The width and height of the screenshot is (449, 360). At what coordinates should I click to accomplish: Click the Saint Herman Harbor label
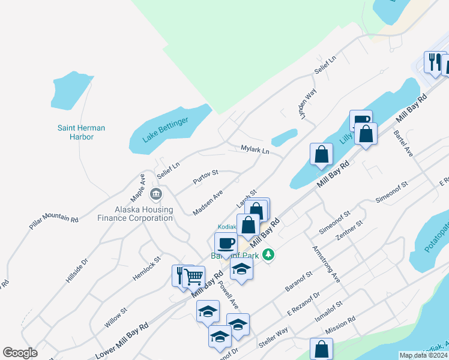click(80, 132)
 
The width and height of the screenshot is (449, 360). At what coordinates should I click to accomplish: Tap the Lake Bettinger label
click(166, 130)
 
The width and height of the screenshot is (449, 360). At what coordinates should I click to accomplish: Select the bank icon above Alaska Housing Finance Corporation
click(156, 194)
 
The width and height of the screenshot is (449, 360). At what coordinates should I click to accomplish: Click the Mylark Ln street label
click(255, 149)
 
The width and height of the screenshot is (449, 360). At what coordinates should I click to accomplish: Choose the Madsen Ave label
click(208, 202)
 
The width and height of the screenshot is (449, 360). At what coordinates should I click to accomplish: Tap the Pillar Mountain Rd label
click(53, 220)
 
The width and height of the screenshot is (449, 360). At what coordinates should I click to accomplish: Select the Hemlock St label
click(148, 268)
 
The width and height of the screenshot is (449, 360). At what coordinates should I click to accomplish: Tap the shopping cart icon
click(193, 277)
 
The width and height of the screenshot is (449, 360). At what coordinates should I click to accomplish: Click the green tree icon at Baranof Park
click(270, 255)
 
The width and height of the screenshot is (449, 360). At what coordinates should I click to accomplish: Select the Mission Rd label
click(340, 331)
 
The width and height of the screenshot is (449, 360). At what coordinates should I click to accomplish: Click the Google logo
click(20, 353)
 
